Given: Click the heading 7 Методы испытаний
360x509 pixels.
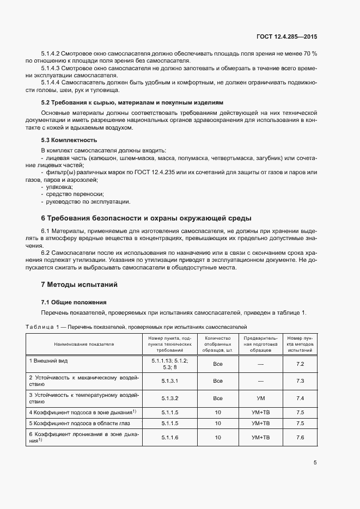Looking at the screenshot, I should (79, 285).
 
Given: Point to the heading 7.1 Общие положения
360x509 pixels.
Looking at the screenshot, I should (74, 302).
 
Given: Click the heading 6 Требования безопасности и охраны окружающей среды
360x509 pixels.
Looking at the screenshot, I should (146, 218).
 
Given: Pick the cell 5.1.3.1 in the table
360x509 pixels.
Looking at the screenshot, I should (169, 381).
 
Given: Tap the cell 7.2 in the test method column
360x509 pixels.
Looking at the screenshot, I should (300, 364).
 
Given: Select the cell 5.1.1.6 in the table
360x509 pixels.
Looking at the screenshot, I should (169, 437).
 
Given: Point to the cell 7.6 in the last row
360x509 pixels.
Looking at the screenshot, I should (300, 437).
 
